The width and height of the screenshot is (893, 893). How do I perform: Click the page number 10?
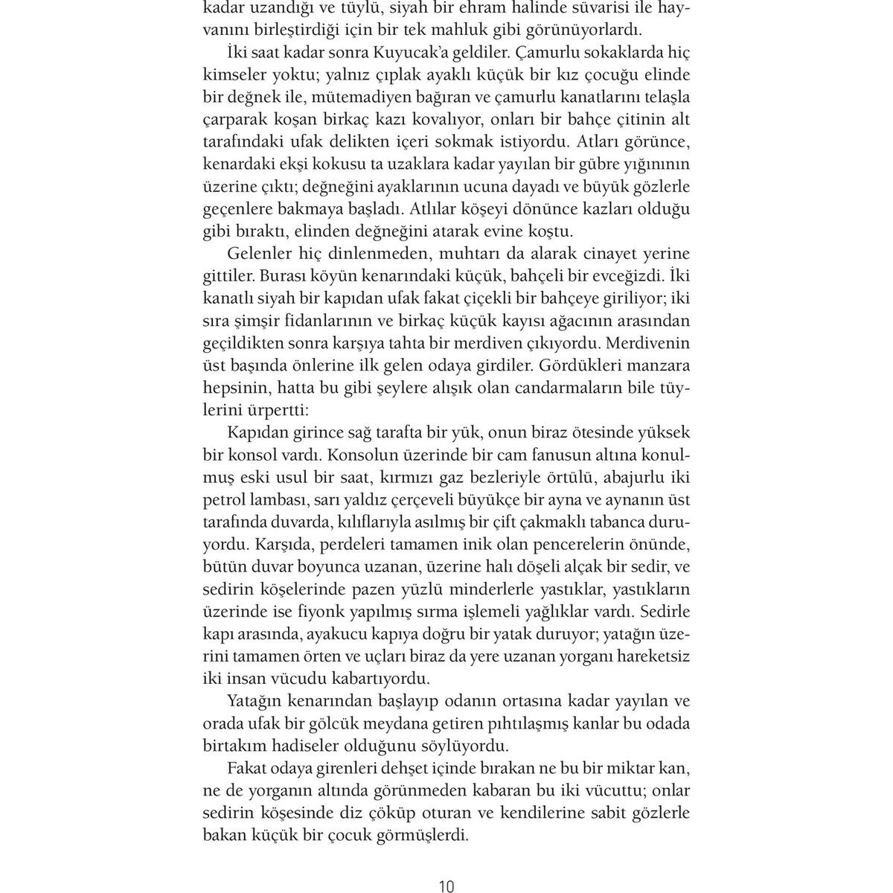(x=446, y=886)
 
